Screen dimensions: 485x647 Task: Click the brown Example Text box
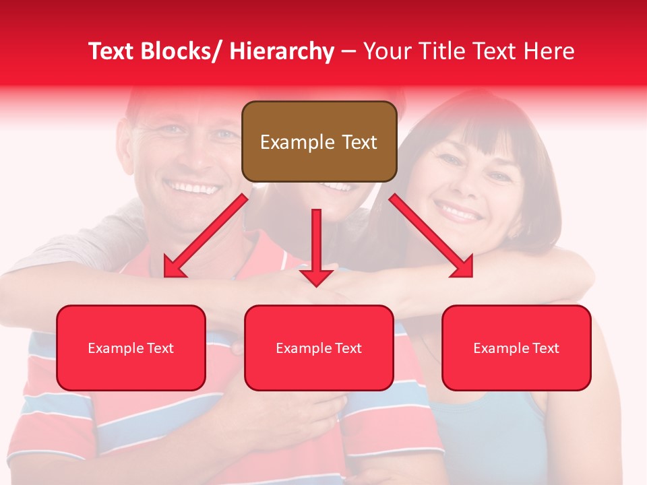coord(319,141)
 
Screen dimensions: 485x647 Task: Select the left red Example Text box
coord(131,348)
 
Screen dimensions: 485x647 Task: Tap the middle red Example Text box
coord(319,348)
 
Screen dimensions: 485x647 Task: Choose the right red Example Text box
coord(516,348)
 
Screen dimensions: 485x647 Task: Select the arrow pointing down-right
coord(431,235)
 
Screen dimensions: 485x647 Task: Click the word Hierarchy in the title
coord(282,51)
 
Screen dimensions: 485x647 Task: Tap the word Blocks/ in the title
coord(181,51)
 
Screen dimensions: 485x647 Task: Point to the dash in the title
coord(348,51)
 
